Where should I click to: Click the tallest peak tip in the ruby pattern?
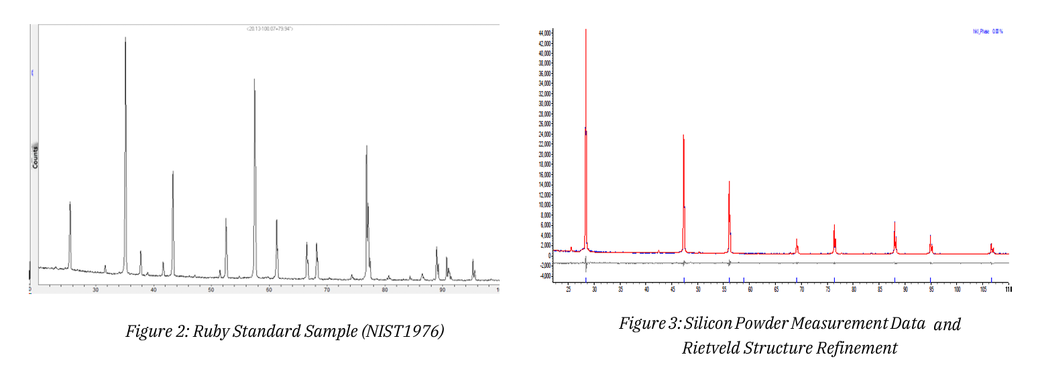coord(125,38)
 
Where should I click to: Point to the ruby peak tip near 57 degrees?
coord(254,80)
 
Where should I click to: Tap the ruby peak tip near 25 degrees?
coord(70,202)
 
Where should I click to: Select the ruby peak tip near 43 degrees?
coord(173,172)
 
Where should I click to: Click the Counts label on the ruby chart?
coord(34,156)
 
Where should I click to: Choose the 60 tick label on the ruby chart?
coord(269,289)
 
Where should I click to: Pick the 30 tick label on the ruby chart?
coord(96,289)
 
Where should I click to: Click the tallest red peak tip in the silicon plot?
coord(586,29)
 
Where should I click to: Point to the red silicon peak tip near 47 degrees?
coord(683,135)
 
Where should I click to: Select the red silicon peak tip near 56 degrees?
coord(729,181)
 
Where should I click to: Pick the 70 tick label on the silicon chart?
coord(801,289)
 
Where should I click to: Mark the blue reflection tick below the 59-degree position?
coord(744,279)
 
